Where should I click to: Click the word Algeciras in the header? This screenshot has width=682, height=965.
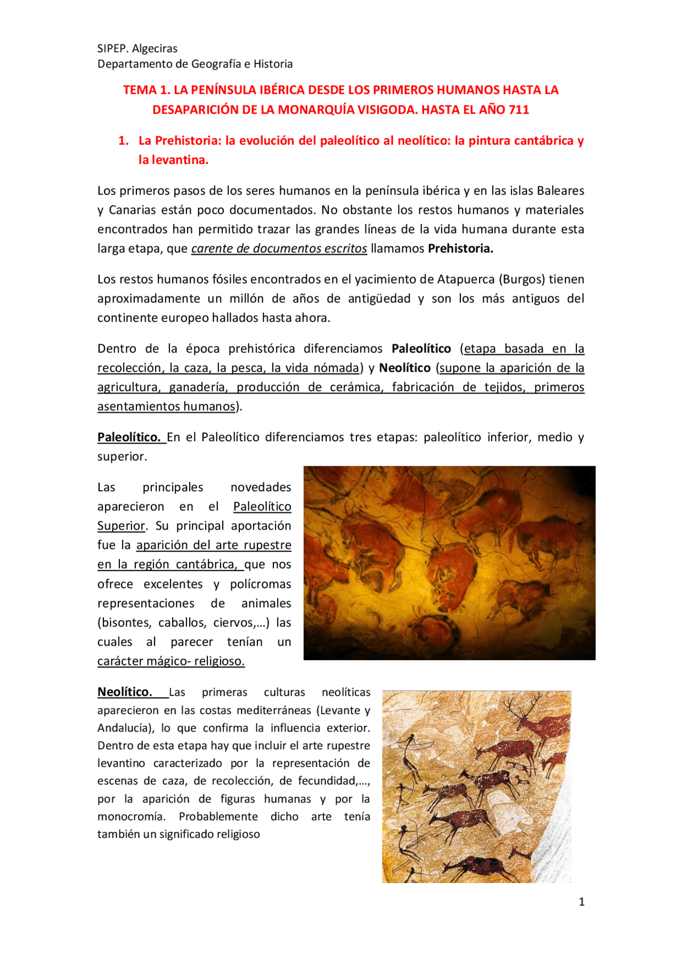coord(155,48)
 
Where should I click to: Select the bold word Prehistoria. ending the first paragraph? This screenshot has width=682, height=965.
coord(460,249)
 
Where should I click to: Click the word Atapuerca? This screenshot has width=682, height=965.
coord(466,280)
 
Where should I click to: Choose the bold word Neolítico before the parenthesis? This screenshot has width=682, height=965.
coord(404,368)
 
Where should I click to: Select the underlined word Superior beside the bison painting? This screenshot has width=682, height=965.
coord(121,526)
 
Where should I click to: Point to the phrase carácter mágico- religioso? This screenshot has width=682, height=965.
coord(170,661)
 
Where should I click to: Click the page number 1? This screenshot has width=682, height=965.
coord(581,902)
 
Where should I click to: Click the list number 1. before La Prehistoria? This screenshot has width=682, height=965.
coord(124,141)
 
